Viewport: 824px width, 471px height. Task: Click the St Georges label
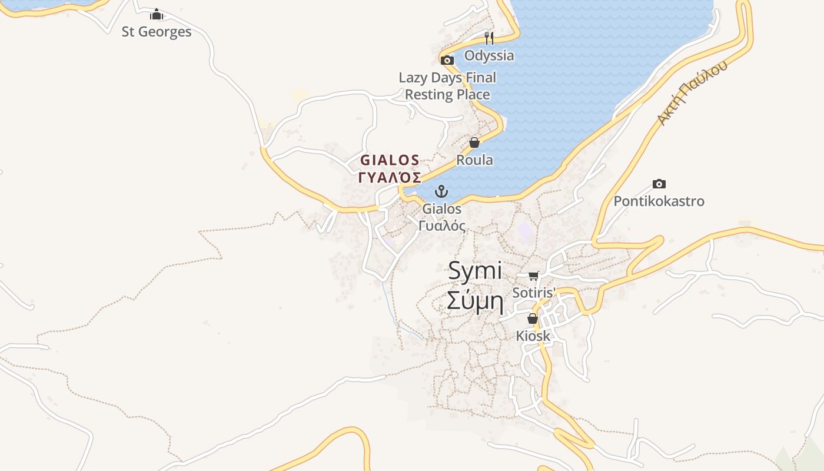coord(157,32)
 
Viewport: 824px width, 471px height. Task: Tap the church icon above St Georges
coord(157,14)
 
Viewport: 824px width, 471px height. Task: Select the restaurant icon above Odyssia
coord(489,38)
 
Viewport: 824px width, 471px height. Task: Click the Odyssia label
coord(489,55)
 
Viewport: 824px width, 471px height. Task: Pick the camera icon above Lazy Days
coord(447,60)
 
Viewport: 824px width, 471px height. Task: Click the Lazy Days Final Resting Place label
coord(447,86)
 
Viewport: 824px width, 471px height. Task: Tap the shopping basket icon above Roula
coord(474,142)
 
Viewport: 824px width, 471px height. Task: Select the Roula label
coord(475,160)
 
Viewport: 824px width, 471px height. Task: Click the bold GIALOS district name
coord(390,160)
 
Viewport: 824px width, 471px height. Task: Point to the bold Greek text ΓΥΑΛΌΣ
coord(390,177)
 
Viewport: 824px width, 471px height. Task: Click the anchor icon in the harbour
coord(441,191)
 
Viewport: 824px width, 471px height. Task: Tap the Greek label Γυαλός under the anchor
coord(442,225)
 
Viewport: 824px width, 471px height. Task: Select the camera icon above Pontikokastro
coord(659,184)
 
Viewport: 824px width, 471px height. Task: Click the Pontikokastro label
coord(659,201)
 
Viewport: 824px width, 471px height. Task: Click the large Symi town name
coord(475,271)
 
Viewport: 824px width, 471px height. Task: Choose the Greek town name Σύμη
coord(475,301)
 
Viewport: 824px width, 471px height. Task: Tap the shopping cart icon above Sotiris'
coord(534,275)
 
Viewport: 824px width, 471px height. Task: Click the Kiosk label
coord(533,336)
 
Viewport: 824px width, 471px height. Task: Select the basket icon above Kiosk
coord(533,319)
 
